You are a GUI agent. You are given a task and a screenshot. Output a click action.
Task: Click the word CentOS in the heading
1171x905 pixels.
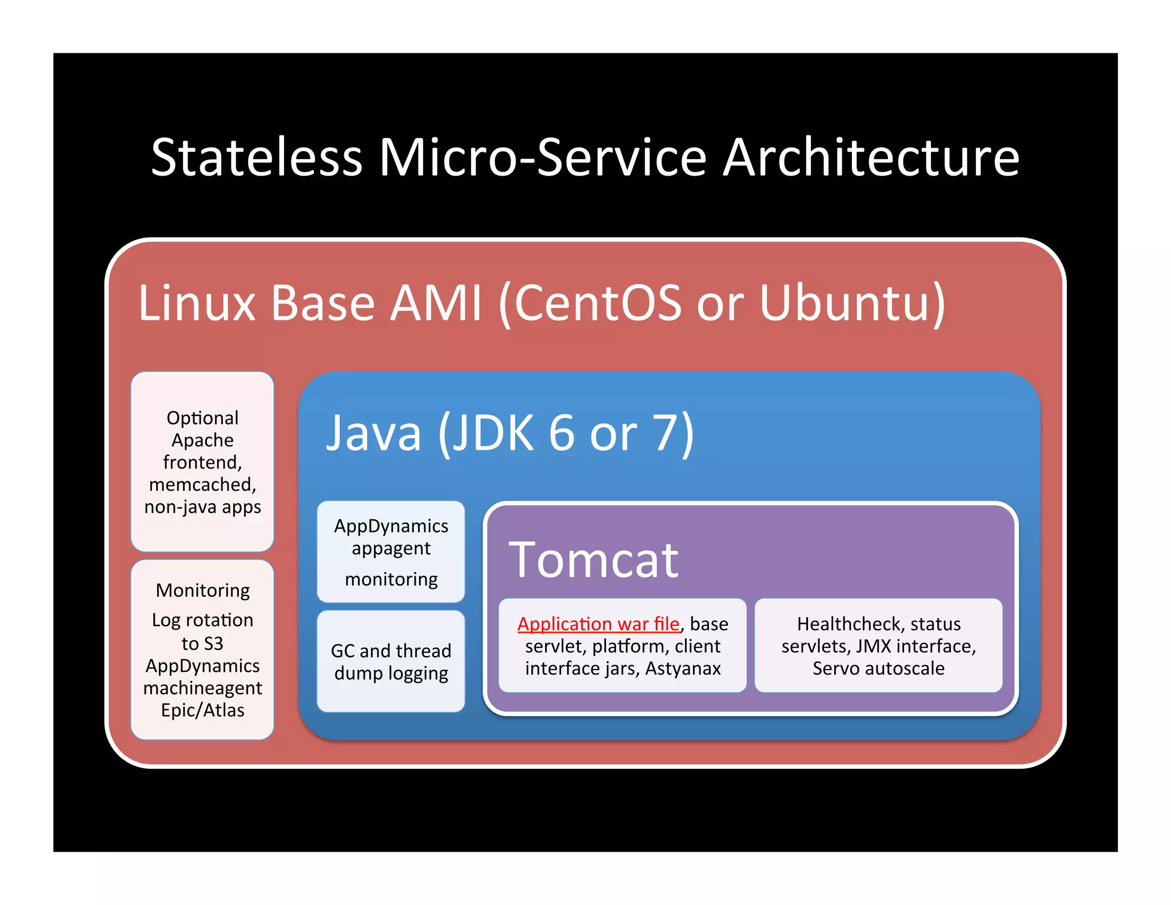[598, 303]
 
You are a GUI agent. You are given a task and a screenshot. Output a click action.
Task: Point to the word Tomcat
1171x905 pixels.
[593, 560]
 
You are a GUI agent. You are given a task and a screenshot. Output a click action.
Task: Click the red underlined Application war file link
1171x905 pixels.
[598, 624]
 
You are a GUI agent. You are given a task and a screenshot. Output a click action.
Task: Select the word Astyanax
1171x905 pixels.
[683, 668]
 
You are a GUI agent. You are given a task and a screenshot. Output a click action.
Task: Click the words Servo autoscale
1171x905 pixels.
[878, 668]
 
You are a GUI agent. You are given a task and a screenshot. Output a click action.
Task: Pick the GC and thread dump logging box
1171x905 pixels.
[391, 661]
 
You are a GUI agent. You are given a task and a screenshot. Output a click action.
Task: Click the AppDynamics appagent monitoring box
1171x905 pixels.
[391, 551]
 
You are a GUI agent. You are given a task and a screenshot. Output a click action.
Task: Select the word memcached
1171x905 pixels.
[202, 485]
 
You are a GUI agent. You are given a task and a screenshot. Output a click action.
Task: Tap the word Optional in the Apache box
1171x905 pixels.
[202, 418]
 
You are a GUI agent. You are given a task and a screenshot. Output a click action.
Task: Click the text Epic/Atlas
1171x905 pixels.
[202, 710]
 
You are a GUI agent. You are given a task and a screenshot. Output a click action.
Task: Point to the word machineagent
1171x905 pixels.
[202, 688]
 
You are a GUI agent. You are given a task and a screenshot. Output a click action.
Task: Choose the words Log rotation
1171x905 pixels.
[202, 620]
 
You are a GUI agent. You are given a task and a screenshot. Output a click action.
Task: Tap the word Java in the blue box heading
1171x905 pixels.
[373, 433]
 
